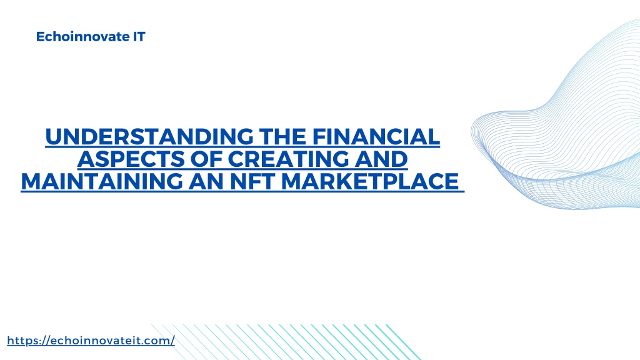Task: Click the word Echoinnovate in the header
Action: (83, 37)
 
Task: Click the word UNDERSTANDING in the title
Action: (149, 137)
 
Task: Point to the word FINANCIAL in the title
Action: (376, 137)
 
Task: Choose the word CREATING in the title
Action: (288, 159)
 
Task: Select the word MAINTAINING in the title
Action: (102, 182)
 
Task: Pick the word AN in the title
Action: (206, 182)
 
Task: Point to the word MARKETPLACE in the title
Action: (370, 182)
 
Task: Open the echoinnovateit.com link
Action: (91, 341)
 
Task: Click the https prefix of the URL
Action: (23, 341)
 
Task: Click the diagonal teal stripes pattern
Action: (286, 342)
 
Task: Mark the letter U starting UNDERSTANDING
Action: (54, 137)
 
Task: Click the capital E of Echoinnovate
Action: (40, 37)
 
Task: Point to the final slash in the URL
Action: (172, 341)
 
